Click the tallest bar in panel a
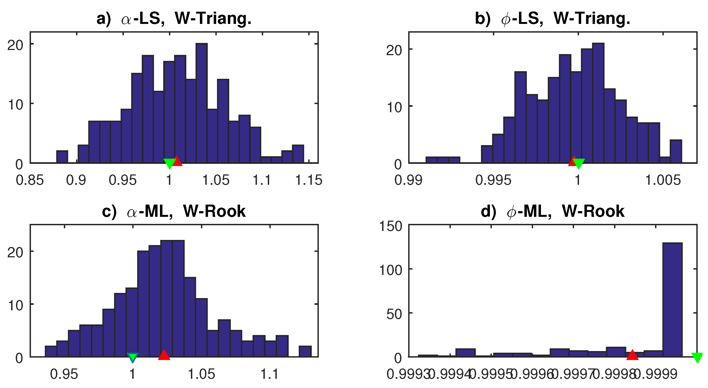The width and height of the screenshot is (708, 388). (x=202, y=103)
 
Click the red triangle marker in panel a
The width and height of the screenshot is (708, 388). (x=177, y=161)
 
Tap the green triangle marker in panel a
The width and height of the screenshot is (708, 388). (x=169, y=163)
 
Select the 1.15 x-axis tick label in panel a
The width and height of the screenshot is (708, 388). (x=309, y=180)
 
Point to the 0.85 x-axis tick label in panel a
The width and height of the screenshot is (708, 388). (x=30, y=180)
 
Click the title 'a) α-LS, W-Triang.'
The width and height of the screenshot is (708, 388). (x=174, y=19)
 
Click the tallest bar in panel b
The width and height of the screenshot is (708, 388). (x=598, y=103)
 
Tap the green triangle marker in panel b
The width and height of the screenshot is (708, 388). (x=579, y=163)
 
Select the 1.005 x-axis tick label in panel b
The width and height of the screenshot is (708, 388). (x=663, y=180)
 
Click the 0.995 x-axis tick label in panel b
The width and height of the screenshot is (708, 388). (x=493, y=180)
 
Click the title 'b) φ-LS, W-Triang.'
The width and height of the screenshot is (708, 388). (x=552, y=19)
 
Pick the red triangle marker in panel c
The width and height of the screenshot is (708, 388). (x=164, y=355)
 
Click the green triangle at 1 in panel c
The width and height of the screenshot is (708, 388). (x=133, y=357)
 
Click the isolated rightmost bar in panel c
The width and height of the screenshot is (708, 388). (x=305, y=352)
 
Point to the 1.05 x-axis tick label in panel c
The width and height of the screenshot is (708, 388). (x=202, y=374)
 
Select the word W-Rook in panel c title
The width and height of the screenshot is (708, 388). (x=214, y=211)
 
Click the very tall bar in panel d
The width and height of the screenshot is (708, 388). (x=672, y=300)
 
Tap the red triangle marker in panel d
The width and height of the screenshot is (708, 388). (x=632, y=355)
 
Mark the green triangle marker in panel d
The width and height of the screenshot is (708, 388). (x=697, y=358)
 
